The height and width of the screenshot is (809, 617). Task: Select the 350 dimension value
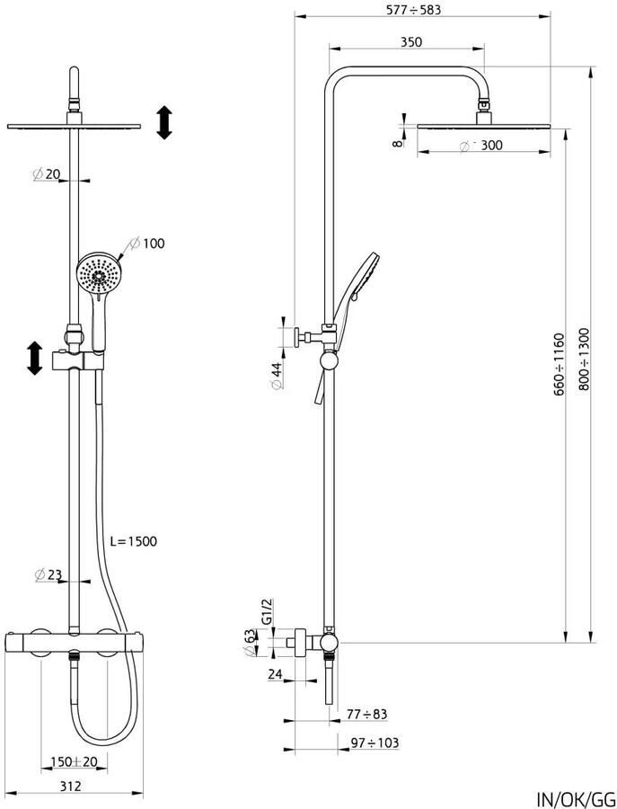pos(411,41)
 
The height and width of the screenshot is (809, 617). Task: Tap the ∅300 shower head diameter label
pos(480,146)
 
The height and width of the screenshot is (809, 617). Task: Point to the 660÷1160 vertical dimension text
pos(560,365)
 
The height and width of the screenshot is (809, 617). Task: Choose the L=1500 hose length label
pos(134,541)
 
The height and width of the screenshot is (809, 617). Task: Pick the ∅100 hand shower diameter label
pos(147,243)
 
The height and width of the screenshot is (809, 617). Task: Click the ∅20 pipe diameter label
pos(47,174)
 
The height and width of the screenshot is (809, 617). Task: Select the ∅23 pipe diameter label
pos(48,574)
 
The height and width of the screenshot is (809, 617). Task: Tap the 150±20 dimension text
pos(74,761)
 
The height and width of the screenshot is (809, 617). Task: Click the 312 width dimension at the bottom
pos(71,786)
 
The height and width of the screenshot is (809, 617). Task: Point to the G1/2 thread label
pos(267,612)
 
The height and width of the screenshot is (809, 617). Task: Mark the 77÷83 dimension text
pos(366,714)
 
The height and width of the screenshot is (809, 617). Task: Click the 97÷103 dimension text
pos(375,742)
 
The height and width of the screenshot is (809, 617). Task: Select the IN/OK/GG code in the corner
pos(577,799)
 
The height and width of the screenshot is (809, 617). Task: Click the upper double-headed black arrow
pos(164,122)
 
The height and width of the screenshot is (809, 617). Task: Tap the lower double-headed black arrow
pos(34,358)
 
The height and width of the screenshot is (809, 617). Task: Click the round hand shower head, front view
pos(99,274)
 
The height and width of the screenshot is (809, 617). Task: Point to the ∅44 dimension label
pos(278,376)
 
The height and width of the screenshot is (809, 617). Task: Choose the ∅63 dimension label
pos(250,643)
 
